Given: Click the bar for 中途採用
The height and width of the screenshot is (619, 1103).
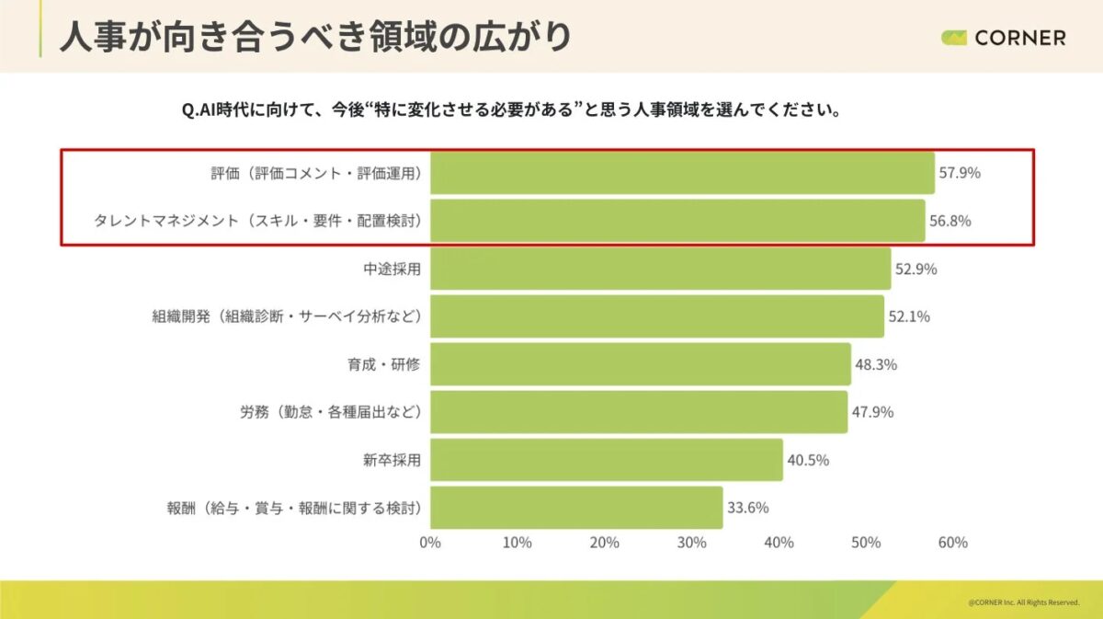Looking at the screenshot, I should [x=660, y=269].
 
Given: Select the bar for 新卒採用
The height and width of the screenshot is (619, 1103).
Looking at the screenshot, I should [x=607, y=460].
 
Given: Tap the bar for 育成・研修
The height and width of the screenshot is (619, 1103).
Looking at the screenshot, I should [x=641, y=364].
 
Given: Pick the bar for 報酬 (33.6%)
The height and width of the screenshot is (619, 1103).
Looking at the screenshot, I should [x=576, y=508].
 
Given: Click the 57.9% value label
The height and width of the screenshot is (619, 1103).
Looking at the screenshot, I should [x=960, y=173].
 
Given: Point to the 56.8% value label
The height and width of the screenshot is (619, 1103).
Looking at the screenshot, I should [x=950, y=221].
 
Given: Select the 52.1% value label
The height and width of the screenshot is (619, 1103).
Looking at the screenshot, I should [x=909, y=316].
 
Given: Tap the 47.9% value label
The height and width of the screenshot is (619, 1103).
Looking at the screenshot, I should [x=872, y=412].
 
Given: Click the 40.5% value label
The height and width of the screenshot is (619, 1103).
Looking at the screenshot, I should [x=808, y=460].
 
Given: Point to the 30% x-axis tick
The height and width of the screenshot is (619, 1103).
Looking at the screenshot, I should [x=691, y=543].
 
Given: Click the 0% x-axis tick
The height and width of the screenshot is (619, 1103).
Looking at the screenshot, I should [x=430, y=543].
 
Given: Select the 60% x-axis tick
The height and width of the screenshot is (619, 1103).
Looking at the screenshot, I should [x=952, y=543].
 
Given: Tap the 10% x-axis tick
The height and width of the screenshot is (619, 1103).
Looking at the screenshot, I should [x=517, y=543].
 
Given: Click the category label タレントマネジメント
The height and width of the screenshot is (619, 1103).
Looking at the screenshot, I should [x=257, y=221].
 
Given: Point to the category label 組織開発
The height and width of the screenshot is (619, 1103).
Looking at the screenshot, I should [x=286, y=316].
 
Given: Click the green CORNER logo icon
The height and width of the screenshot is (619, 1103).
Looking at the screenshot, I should [x=954, y=38].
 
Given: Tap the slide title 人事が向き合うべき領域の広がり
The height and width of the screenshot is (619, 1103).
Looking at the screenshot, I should [x=315, y=37].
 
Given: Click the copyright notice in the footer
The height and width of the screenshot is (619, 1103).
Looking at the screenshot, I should [x=1023, y=602].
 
